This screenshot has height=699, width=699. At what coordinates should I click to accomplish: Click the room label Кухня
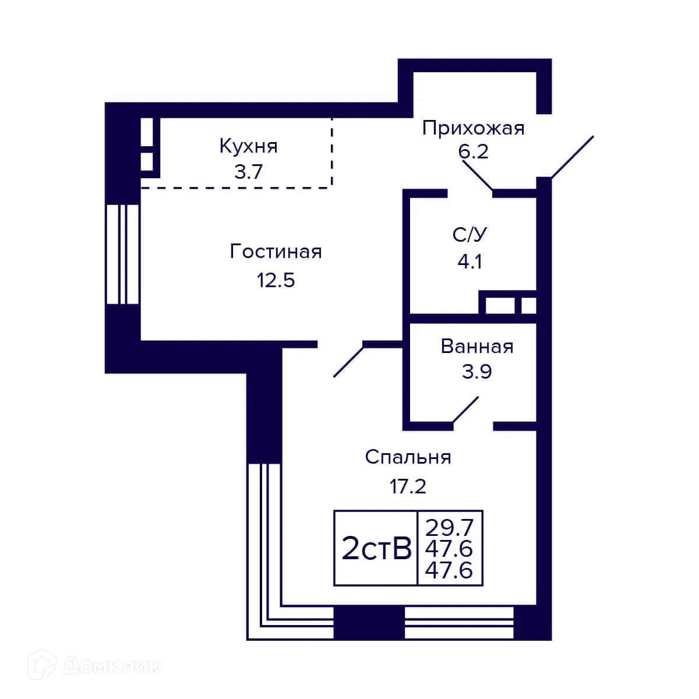point(248,146)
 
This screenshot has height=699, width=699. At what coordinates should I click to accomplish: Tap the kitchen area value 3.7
point(248,172)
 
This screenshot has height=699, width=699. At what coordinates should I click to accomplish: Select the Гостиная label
point(276,252)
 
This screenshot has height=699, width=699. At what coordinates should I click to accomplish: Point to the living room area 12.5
point(276,280)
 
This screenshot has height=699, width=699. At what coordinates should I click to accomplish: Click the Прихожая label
point(473,128)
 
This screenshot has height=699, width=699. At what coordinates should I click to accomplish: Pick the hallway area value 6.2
point(472,151)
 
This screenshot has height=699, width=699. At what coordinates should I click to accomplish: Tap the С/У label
point(469,235)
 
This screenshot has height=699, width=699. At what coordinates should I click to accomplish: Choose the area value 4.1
point(469,262)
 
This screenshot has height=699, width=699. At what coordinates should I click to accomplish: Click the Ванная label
point(477,346)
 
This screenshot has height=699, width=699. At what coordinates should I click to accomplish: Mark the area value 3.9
point(477,371)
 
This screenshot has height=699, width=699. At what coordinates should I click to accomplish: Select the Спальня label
point(408,457)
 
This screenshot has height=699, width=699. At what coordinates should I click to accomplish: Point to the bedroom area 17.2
point(408,485)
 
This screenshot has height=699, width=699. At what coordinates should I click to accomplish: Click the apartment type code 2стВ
point(376,548)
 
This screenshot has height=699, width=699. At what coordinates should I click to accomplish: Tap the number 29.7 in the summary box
point(449,528)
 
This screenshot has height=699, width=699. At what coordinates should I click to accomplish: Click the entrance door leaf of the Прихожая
point(572,157)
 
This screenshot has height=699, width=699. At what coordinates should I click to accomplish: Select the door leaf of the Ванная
point(466,409)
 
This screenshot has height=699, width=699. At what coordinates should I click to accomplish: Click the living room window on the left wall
point(123,254)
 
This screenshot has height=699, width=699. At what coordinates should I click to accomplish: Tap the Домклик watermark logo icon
point(44,665)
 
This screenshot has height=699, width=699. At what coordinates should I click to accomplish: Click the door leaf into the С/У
point(478,175)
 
